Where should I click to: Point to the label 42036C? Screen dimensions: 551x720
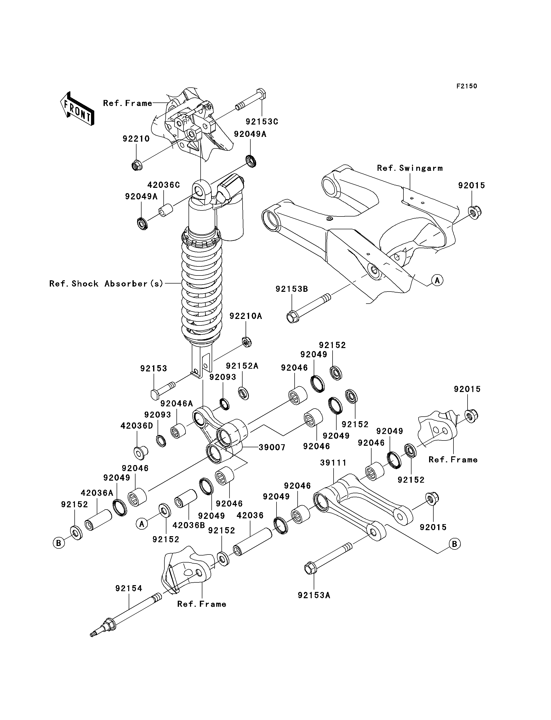[163, 185]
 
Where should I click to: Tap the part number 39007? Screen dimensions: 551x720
[272, 447]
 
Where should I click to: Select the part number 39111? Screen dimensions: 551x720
[333, 463]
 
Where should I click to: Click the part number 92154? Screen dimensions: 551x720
[128, 589]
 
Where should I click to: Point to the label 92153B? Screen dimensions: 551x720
[292, 289]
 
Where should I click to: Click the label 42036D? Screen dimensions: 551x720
[137, 426]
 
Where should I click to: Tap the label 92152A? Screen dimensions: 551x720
[242, 366]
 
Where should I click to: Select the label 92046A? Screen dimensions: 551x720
[176, 404]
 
